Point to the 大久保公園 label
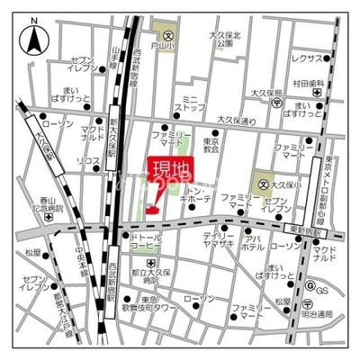220,40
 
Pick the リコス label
88,162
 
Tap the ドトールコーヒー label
144,240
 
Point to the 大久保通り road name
237,120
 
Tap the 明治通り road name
317,313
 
